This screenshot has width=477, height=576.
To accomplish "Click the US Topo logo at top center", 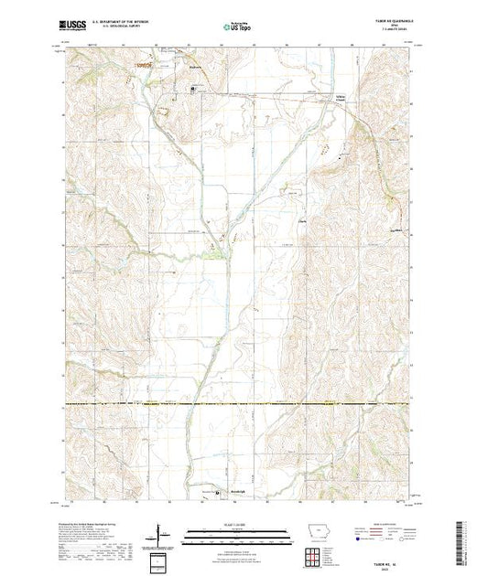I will pos(238,27).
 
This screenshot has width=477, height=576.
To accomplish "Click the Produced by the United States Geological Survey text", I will pos(92,522).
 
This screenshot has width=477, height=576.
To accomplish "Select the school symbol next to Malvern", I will pos(192,89).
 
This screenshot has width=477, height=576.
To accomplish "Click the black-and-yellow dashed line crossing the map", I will pos(238,403).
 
